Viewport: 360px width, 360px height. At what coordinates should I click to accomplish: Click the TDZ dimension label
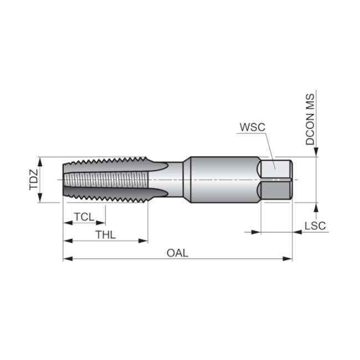click(34, 179)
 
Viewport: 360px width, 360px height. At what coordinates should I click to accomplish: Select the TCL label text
click(84, 217)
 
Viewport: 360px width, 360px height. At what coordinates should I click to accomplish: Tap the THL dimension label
click(105, 234)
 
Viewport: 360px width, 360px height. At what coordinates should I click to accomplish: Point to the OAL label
click(178, 253)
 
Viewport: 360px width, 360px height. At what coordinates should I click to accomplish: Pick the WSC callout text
click(253, 127)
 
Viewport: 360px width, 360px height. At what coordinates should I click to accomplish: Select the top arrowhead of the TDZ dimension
click(40, 161)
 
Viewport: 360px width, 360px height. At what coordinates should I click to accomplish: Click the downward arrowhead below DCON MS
click(316, 153)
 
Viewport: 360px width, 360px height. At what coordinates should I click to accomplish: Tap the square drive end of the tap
click(276, 179)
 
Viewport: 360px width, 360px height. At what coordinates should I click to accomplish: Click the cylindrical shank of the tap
click(222, 179)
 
